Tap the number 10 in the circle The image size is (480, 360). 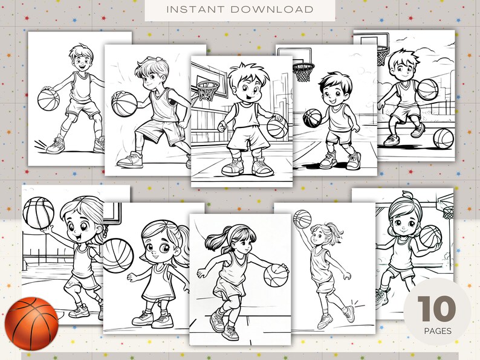435,309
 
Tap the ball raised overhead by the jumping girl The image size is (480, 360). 302,219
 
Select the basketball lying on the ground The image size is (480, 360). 443,138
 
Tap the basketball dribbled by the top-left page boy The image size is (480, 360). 47,99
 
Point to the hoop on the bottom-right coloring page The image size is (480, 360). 448,212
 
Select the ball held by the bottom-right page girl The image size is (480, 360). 430,236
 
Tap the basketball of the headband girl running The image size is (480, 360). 276,275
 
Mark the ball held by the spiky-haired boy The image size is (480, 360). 276,127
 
